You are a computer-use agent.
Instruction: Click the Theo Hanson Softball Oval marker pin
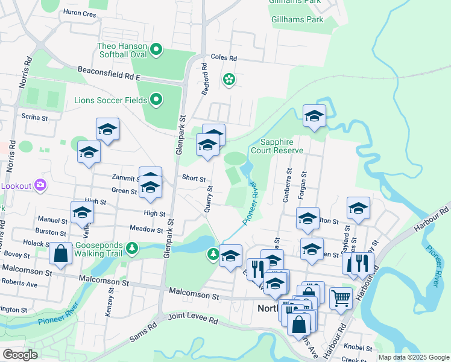click(x=156, y=49)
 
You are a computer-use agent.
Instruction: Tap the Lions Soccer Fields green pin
click(x=156, y=99)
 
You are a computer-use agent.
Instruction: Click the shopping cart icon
click(x=341, y=298)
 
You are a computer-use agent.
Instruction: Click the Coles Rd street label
click(x=223, y=59)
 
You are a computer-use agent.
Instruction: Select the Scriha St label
click(x=34, y=117)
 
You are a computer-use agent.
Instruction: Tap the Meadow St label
click(x=147, y=229)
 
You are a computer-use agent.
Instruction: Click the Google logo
click(x=20, y=355)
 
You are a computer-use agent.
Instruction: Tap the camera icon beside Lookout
click(x=40, y=185)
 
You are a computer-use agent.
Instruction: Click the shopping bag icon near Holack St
click(x=60, y=254)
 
